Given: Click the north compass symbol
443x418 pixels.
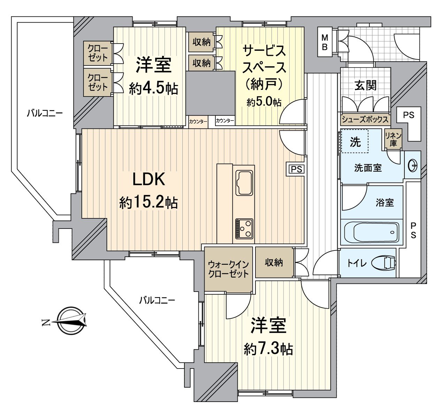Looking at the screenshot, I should [x=71, y=321].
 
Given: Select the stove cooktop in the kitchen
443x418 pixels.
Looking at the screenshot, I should [x=244, y=229].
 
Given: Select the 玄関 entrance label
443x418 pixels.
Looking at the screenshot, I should [x=365, y=85].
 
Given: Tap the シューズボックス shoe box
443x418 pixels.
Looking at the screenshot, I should [x=365, y=119].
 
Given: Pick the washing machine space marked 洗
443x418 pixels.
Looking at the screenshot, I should [x=355, y=141].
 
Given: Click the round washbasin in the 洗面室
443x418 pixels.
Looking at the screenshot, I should [x=412, y=165].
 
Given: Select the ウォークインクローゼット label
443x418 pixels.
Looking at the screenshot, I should [x=228, y=269].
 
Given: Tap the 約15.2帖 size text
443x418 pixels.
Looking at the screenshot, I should [x=148, y=202].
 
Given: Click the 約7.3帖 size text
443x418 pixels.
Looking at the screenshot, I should [x=268, y=349].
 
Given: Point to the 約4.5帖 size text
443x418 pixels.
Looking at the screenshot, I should [x=153, y=89].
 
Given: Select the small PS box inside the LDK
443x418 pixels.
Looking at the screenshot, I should [x=296, y=169].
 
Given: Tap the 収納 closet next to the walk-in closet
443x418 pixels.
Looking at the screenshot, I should [x=274, y=263].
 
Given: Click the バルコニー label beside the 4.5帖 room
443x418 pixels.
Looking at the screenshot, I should [x=45, y=113].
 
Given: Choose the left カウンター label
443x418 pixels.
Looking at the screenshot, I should [x=198, y=122].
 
